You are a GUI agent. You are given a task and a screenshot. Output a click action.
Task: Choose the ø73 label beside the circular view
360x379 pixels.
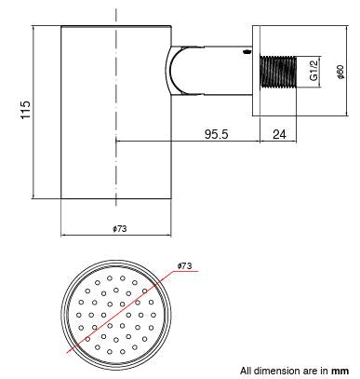pos(184,266)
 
